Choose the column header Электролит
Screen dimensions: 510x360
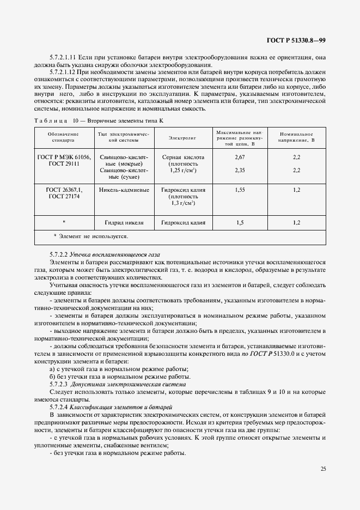182,137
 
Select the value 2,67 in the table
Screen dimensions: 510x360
240,156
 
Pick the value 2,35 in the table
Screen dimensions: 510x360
240,170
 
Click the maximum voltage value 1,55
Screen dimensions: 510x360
240,190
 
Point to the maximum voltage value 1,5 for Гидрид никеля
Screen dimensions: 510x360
240,222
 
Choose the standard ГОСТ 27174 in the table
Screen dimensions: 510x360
63,196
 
